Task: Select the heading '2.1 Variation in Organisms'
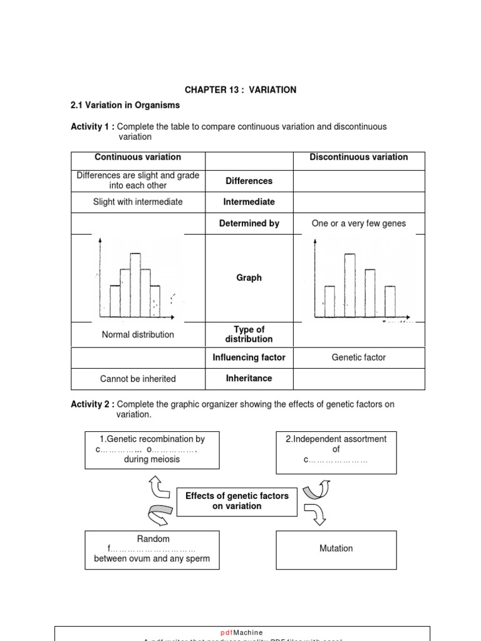coord(125,105)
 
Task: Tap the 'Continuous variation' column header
coord(138,158)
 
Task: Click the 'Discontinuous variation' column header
coord(358,158)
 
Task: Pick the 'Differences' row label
coord(249,181)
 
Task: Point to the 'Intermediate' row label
coord(249,202)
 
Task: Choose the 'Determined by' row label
coord(249,223)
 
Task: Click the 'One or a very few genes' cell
coord(358,223)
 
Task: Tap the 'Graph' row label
coord(249,278)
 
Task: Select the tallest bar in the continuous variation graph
coord(135,285)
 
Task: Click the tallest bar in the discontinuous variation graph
coord(349,285)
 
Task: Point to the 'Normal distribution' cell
coord(138,335)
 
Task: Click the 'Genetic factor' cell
coord(358,357)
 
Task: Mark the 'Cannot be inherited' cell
coord(138,379)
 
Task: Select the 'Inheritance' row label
coord(249,379)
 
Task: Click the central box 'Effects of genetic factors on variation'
coord(237,501)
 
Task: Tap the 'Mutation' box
coord(336,549)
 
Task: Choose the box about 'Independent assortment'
coord(336,449)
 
